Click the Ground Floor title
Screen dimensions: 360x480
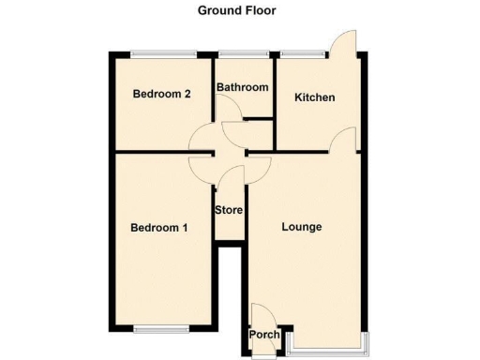[236, 11]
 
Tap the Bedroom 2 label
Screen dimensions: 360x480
[161, 94]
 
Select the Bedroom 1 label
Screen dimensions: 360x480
[158, 227]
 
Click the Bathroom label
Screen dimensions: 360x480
[243, 87]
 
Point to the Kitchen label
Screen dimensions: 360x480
[314, 97]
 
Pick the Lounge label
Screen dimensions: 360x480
[302, 227]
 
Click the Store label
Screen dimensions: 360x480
[230, 209]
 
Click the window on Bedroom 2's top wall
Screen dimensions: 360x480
[163, 53]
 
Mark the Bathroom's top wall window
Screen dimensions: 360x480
[243, 53]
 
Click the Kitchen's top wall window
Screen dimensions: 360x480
[302, 53]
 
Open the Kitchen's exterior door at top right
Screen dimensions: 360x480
[344, 43]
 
